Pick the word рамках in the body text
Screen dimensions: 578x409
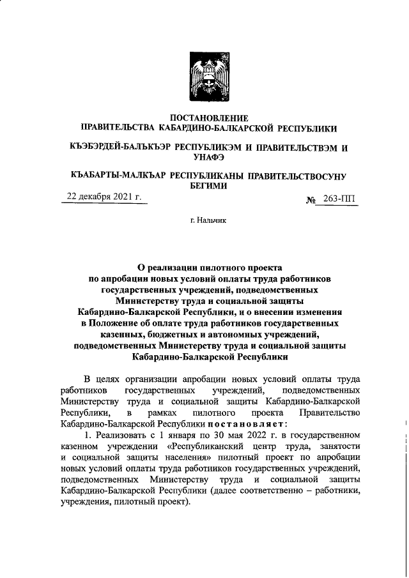point(160,412)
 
